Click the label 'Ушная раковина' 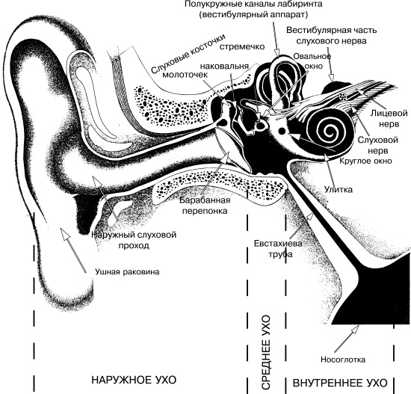point(127,271)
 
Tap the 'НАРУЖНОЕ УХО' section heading point(134,380)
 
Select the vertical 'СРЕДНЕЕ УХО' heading point(265,353)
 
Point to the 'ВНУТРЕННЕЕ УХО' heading point(340,383)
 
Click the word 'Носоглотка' point(343,360)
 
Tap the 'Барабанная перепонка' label point(205,206)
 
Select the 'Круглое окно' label point(366,161)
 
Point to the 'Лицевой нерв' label point(389,118)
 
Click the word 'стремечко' point(242,46)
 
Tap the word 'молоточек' point(185,75)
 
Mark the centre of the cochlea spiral point(328,130)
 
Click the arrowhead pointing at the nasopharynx point(356,328)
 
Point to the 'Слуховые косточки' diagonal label point(188,54)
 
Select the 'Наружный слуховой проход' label point(134,240)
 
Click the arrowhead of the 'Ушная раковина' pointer point(64,233)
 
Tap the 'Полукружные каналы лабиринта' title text point(253,4)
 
